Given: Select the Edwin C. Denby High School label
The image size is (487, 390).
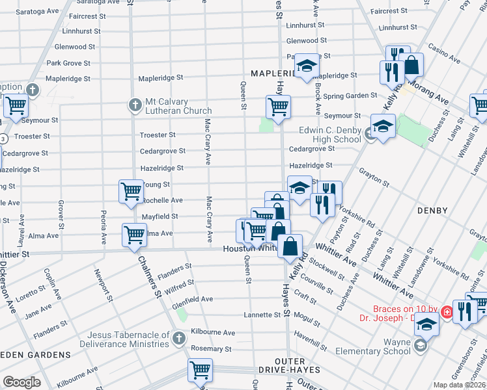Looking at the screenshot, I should tap(330, 135).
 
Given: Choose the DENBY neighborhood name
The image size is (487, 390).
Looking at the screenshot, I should tap(432, 211).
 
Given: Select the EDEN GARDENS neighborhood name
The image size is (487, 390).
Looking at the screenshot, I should tap(35, 355).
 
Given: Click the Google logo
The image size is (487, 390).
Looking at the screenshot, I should tap(21, 382).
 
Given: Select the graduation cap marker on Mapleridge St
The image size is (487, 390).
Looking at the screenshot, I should tap(307, 66).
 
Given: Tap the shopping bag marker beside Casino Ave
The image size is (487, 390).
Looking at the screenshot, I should tap(411, 64).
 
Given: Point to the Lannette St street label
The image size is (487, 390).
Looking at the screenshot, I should tap(262, 315).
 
